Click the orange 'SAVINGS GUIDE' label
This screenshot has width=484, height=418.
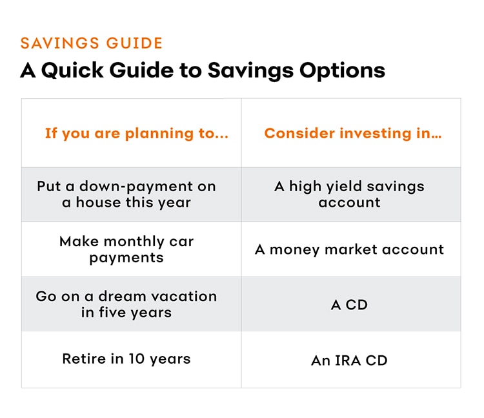pos(92,43)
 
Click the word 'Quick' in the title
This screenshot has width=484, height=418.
pos(72,71)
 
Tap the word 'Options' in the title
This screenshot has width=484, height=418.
pos(342,71)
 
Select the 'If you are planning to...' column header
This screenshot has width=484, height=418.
pos(137,134)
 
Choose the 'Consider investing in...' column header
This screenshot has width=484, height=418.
pos(353,134)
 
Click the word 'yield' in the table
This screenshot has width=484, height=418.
pos(344,187)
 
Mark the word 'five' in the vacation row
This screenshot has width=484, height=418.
pos(112,312)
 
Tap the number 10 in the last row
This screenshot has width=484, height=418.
pos(136,359)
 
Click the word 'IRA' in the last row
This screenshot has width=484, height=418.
pos(348,361)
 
